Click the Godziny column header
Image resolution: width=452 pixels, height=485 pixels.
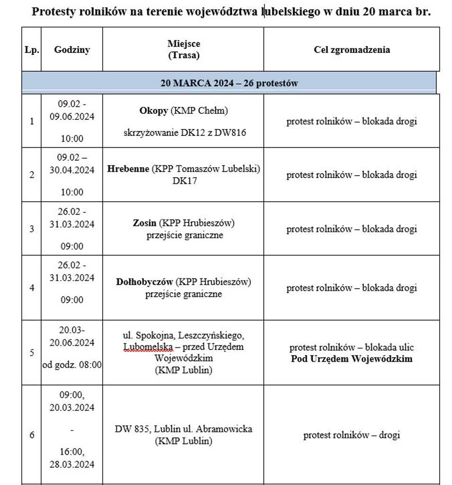[x=72, y=50]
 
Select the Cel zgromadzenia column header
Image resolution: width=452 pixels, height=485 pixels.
[x=352, y=50]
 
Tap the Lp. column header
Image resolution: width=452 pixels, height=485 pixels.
[x=32, y=50]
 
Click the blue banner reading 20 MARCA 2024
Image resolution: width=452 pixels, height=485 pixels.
[x=229, y=83]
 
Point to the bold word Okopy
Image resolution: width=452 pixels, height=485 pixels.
[x=153, y=111]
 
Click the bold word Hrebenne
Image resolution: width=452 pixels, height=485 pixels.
[x=128, y=169]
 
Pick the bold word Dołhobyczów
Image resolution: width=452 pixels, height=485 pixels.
[x=145, y=282]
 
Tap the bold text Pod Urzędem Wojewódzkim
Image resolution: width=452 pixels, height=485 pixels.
[x=352, y=359]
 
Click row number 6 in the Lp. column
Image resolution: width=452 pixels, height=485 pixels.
[x=32, y=435]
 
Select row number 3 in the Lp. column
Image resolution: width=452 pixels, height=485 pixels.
[x=32, y=229]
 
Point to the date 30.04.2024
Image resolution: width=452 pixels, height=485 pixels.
[x=72, y=170]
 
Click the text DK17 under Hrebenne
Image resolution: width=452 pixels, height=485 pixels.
[x=184, y=180]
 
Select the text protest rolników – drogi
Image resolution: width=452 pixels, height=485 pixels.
[x=352, y=435]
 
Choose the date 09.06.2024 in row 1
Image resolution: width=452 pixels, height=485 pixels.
[x=72, y=117]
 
